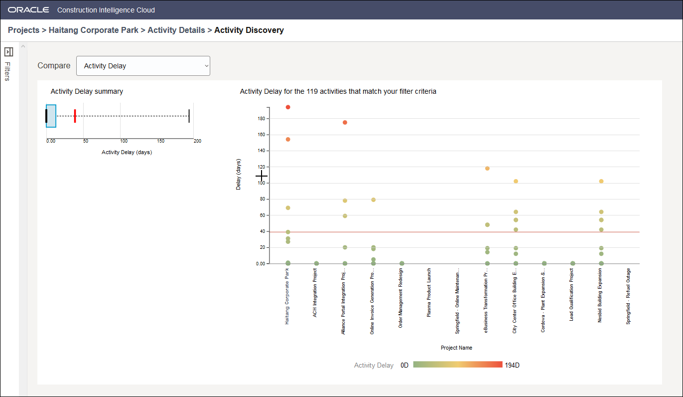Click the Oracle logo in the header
tap(28, 10)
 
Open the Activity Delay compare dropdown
tap(143, 66)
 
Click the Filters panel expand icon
tap(8, 52)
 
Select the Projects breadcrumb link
tap(23, 30)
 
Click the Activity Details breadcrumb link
tap(176, 30)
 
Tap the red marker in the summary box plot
tap(75, 116)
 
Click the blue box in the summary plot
tap(51, 116)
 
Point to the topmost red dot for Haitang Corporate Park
tap(288, 107)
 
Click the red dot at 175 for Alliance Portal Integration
tap(345, 122)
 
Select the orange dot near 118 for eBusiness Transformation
tap(487, 168)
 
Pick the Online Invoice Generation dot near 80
tap(373, 199)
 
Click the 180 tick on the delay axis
tap(262, 119)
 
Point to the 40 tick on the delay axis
tap(263, 231)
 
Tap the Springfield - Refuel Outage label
tap(629, 297)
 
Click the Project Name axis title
tap(456, 348)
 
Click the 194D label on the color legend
tap(512, 365)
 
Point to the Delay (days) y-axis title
tap(239, 174)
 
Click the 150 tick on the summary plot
tap(161, 141)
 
